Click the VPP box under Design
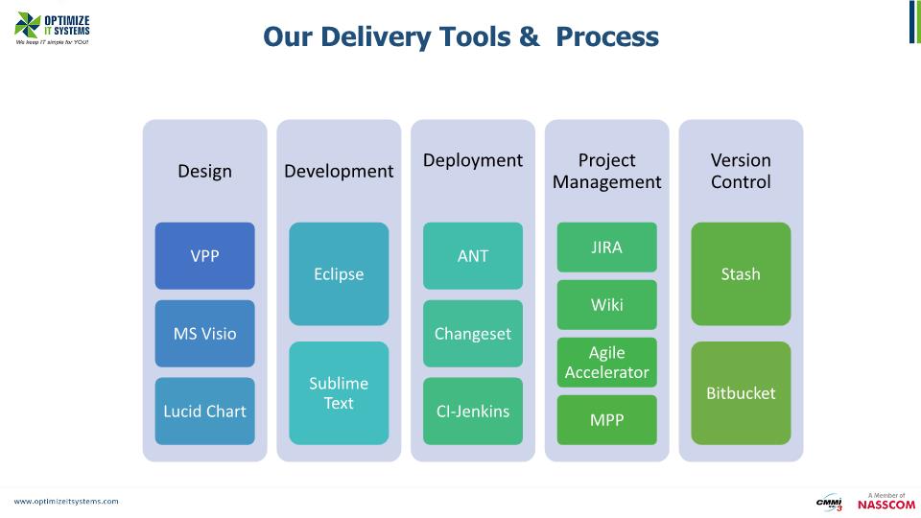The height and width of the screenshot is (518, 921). point(204,256)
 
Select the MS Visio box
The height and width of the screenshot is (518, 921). point(204,334)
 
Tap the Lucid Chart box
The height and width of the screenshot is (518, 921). point(204,411)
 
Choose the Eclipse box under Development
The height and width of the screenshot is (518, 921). point(339,273)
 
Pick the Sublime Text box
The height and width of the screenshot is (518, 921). point(339,393)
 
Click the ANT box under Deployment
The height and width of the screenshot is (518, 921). point(473,256)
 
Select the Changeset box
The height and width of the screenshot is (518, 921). point(473,334)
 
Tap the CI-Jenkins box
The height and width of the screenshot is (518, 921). point(473,411)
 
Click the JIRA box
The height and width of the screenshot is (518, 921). point(606,247)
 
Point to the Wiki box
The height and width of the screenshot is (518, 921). point(606,305)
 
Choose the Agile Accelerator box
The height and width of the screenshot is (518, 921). point(606,363)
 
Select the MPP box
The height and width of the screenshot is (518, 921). point(606,420)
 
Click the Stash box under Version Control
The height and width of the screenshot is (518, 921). point(741,273)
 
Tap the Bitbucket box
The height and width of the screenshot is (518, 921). point(741,393)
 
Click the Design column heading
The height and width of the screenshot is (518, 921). point(204,171)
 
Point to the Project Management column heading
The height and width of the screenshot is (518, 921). point(606,171)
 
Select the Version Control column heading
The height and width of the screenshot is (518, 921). point(741,171)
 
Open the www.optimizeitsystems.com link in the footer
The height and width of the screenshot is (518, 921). point(66,501)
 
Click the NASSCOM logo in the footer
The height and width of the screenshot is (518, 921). point(886,503)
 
